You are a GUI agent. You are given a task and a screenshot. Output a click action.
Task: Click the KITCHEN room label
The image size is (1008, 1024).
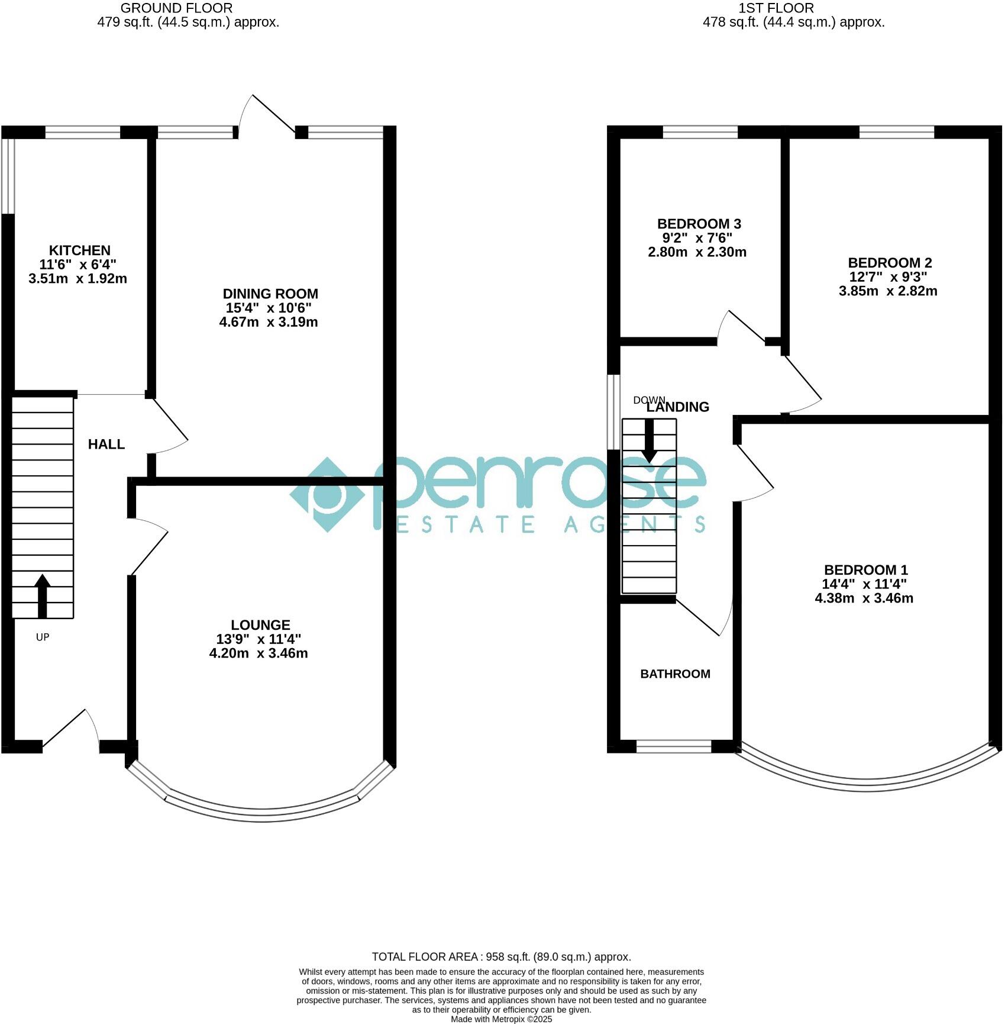pos(79,250)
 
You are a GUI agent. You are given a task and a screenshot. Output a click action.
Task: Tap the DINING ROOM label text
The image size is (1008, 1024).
pos(270,294)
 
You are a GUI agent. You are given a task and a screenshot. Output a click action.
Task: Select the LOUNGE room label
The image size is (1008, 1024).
pos(260,625)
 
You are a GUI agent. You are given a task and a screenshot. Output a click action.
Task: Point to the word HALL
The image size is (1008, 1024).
pos(106,445)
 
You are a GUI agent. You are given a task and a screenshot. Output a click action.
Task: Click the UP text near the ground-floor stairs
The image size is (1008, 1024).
pos(43,637)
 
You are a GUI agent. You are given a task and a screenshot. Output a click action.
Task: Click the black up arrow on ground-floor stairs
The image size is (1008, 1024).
pos(43,595)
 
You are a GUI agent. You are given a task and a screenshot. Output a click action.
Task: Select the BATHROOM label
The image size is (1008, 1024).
pos(675,674)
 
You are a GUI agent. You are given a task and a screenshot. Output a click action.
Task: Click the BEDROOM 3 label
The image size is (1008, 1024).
pos(699,224)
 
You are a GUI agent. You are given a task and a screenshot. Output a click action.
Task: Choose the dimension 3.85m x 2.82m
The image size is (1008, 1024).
pos(888,291)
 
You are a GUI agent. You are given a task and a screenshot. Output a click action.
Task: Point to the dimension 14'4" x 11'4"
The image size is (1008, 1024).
pos(864,584)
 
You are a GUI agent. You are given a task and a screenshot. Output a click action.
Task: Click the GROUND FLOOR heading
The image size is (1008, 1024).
pos(176,8)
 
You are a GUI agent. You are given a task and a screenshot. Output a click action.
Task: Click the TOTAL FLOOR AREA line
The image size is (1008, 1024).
pos(501,957)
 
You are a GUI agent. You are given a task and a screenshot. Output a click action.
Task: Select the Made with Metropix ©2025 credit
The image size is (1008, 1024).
pos(501,1019)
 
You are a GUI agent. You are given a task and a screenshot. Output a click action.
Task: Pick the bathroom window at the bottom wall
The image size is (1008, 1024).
pos(673,746)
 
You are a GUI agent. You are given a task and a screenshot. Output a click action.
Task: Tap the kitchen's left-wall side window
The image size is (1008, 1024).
pos(8,176)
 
